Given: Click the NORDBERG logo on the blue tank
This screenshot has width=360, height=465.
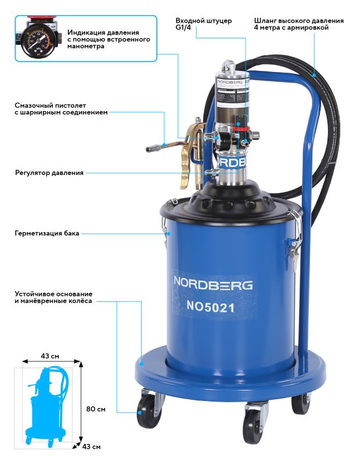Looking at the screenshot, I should point(213,284).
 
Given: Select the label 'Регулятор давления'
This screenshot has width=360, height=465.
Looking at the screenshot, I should point(49,173).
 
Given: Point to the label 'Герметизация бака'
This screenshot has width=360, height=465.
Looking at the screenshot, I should point(48,234).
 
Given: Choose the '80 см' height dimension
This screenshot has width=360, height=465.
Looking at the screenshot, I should point(96,409).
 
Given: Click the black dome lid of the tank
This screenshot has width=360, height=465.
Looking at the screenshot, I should point(232,201).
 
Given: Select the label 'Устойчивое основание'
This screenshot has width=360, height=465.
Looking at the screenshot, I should point(53,294).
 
